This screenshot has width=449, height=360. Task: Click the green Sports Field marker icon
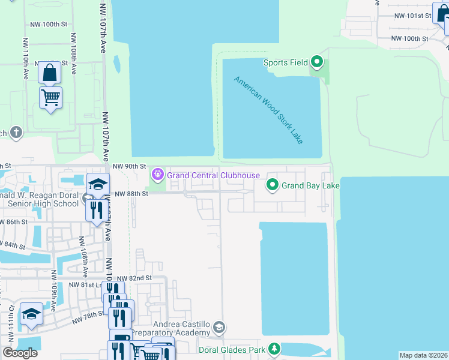[318, 62]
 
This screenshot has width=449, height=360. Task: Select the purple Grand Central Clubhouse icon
[158, 175]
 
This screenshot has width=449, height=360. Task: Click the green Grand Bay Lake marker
[273, 185]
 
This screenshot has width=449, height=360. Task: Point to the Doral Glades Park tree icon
[274, 349]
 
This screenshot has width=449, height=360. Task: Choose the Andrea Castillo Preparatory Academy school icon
[220, 327]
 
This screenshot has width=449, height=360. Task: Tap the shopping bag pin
[50, 73]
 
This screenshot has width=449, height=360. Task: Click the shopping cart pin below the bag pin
[50, 97]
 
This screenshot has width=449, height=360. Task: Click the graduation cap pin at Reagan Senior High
[98, 184]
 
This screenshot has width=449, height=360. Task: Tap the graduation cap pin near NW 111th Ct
[31, 314]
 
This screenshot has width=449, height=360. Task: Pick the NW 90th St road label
[130, 166]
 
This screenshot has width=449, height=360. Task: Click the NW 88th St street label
[131, 194]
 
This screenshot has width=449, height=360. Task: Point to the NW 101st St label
[410, 16]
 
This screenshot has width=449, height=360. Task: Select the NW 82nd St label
[134, 278]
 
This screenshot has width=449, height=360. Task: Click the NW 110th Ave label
[25, 59]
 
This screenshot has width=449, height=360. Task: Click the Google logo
[20, 353]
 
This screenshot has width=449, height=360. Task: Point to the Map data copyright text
[423, 355]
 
